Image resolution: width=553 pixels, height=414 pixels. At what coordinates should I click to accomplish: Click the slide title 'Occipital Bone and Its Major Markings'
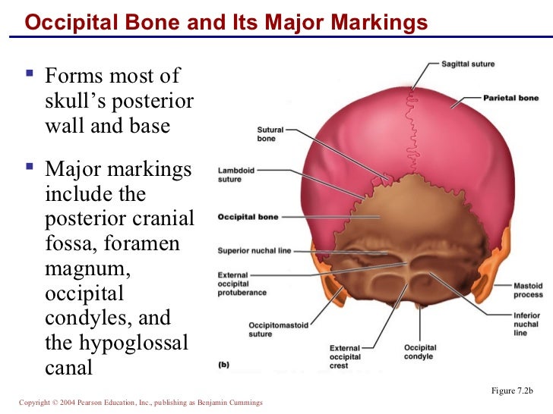(x=226, y=24)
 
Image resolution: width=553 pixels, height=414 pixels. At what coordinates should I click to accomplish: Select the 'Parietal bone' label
(x=511, y=98)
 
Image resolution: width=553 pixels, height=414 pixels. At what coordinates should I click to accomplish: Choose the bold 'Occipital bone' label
(x=248, y=217)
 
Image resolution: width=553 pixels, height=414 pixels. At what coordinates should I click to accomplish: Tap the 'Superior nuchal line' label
(x=254, y=251)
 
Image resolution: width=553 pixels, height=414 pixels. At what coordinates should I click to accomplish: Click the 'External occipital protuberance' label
(x=242, y=282)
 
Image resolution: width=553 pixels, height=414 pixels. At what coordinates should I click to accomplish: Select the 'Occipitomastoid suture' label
(x=278, y=330)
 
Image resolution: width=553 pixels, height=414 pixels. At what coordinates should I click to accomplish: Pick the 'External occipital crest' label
(x=344, y=356)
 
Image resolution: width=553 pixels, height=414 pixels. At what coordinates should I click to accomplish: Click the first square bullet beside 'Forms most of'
(x=30, y=76)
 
